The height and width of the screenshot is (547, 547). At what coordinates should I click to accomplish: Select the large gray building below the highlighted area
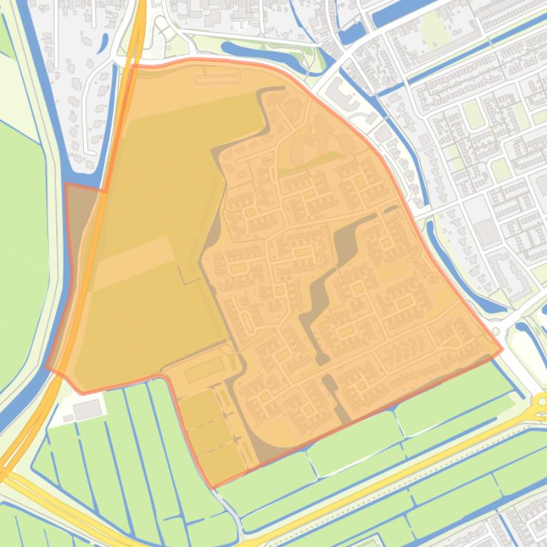click(x=87, y=409)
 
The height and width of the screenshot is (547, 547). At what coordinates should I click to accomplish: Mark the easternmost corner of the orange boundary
click(x=502, y=349)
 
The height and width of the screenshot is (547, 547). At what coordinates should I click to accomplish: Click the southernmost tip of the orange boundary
click(x=212, y=487)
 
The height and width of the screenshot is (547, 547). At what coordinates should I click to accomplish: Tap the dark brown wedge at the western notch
click(x=80, y=206)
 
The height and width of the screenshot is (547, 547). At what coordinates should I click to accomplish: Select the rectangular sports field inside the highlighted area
click(x=205, y=369)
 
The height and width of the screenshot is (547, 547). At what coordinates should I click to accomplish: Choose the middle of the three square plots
click(x=209, y=434)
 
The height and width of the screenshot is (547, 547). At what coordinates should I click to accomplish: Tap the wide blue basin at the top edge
click(x=398, y=11)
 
